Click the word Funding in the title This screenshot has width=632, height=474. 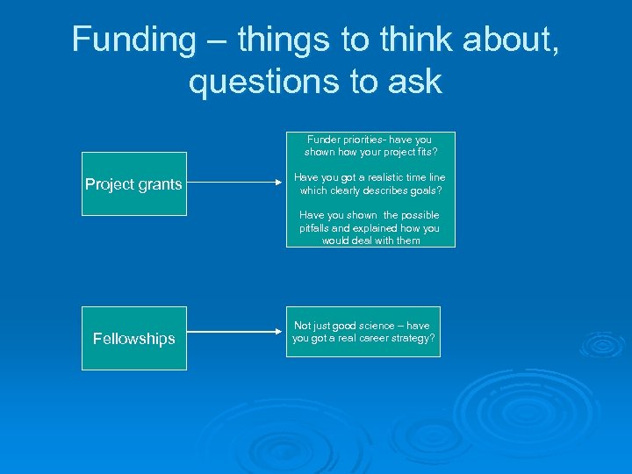pos(122,39)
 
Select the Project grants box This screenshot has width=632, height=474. pos(133,183)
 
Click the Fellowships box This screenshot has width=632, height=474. pos(133,338)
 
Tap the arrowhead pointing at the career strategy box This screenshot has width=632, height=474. pos(280,332)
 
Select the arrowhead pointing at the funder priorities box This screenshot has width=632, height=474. pos(280,183)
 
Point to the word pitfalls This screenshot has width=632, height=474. pos(315,228)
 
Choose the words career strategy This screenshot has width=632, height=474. pos(395,338)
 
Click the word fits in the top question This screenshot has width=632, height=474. pos(424,152)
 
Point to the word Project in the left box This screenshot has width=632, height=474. pos(108,184)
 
